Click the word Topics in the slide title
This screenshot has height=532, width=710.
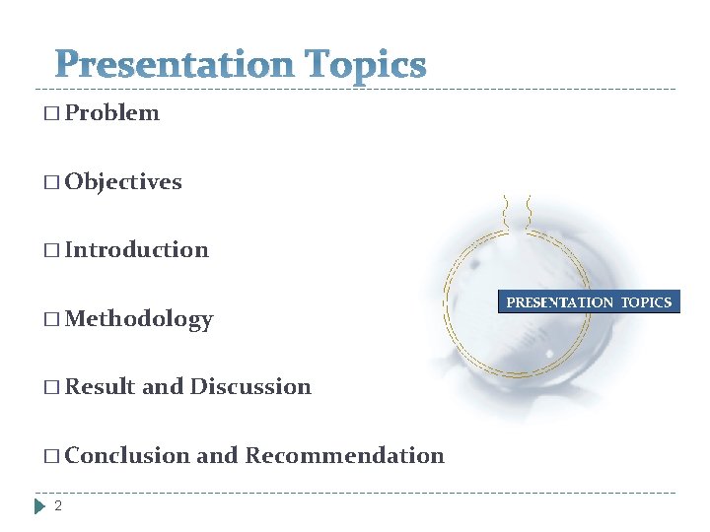(366, 66)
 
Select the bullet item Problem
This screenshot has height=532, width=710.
(111, 113)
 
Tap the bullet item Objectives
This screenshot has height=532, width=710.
(123, 182)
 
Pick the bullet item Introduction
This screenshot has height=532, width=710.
(137, 250)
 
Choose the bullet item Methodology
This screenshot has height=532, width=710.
(139, 319)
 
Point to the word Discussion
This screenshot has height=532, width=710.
(250, 387)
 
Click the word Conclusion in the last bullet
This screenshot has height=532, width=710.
(127, 456)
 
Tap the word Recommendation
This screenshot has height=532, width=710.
(344, 456)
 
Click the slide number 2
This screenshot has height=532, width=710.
(58, 506)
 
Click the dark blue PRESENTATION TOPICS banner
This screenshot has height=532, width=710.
(589, 302)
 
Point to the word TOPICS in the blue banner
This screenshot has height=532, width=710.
(646, 302)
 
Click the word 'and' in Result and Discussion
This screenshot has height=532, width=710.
(163, 387)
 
